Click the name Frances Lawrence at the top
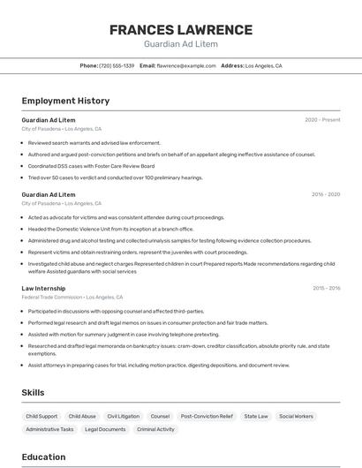(x=181, y=29)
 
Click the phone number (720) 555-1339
(x=117, y=65)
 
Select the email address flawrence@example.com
(x=186, y=65)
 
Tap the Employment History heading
(x=65, y=101)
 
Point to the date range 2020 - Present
(x=322, y=120)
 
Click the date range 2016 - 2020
(x=325, y=194)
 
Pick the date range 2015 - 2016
(x=326, y=288)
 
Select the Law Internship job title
(x=43, y=288)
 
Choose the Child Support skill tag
(x=41, y=416)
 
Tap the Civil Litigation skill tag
(x=124, y=416)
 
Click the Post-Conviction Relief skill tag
(x=207, y=416)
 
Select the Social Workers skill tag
(x=296, y=416)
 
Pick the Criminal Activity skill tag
(x=155, y=429)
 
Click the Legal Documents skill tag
(x=105, y=429)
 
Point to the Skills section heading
(x=33, y=392)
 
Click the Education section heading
(x=43, y=457)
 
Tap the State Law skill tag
(x=256, y=416)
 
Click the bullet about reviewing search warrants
(x=94, y=142)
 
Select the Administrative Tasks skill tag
(x=49, y=429)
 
